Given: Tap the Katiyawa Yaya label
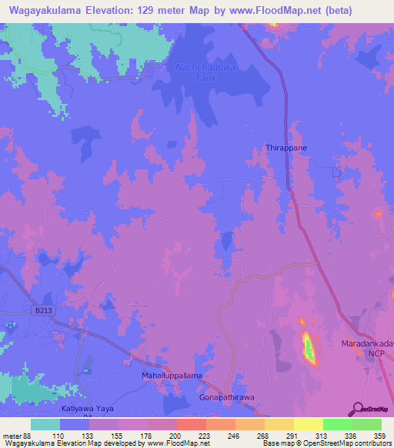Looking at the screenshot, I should [x=86, y=411].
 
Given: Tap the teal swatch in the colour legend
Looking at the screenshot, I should [x=45, y=424].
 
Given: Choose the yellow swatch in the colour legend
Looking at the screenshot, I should [x=308, y=424].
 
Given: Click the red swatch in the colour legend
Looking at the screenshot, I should [x=191, y=424].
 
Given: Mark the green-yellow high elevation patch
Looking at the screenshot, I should [x=308, y=348].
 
